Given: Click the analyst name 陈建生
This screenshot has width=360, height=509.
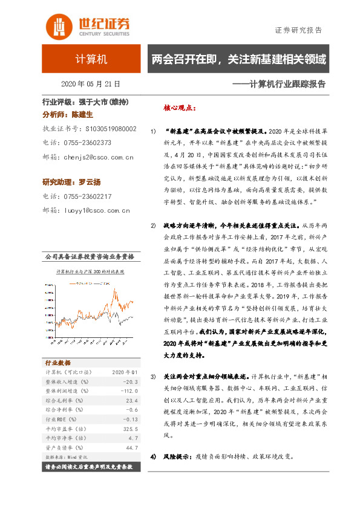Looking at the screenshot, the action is click(83, 114).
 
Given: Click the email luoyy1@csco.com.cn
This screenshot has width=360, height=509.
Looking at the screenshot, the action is click(96, 211).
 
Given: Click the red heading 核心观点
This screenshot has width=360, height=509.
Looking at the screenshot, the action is click(180, 108).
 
